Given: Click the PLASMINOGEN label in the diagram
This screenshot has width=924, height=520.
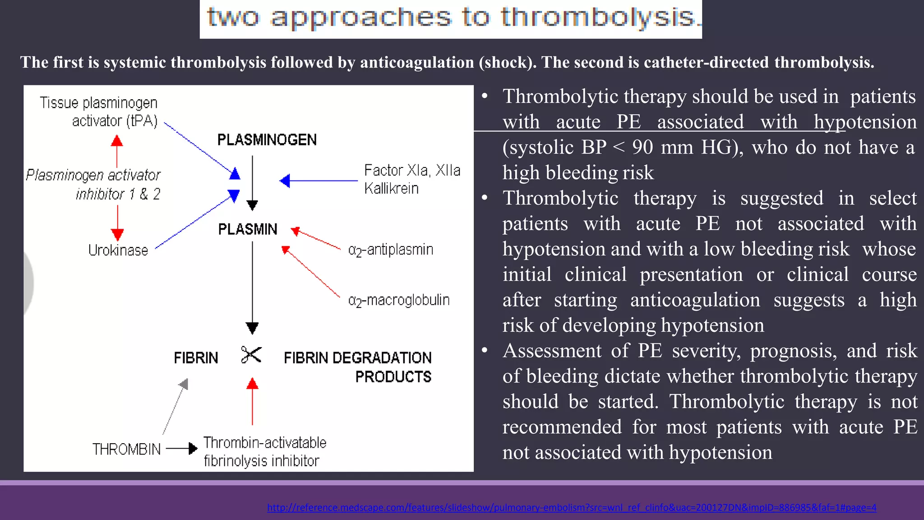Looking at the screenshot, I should coord(267,140).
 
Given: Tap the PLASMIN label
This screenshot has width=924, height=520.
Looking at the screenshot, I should coord(248,229).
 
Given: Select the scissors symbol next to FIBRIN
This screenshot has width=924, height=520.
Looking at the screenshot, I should coord(251,355).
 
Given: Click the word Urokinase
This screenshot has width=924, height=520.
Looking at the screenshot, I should coord(118,250).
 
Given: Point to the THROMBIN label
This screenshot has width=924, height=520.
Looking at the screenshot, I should coord(126,449).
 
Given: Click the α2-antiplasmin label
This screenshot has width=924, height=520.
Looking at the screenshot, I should coord(391,250).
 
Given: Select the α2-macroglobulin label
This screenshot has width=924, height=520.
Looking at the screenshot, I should coord(399,300).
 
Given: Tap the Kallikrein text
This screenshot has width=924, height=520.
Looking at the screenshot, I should coord(391,188).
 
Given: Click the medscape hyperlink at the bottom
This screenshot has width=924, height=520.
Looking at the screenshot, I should coord(571,507).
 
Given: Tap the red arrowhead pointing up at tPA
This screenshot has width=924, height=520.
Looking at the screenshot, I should coord(117,141).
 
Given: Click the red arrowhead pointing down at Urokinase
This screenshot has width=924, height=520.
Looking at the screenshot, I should coord(117,234).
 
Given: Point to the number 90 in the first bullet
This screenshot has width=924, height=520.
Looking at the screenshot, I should coord(642,147).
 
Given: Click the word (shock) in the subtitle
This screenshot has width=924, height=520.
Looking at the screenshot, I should coord(508,62).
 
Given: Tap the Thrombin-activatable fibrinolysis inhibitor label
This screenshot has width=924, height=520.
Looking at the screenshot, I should coord(264,451).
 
